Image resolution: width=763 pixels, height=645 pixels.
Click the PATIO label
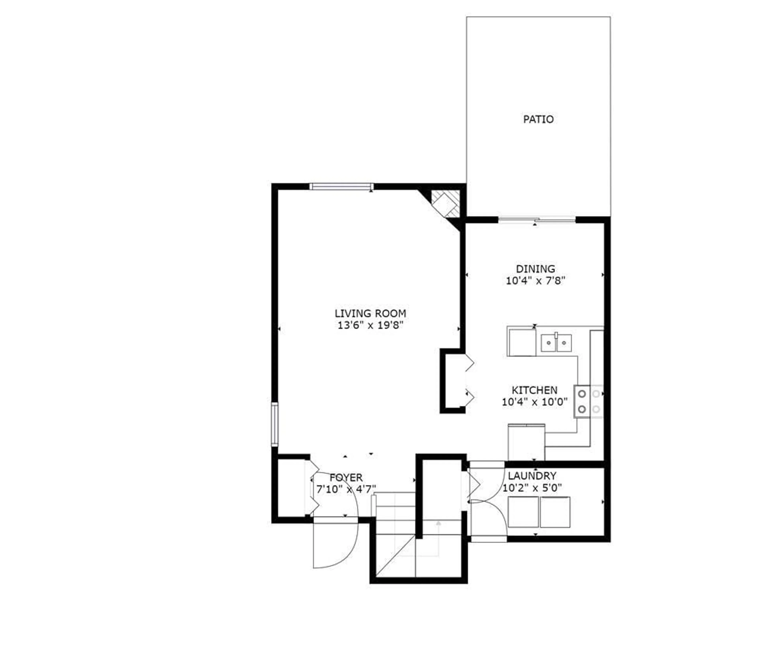(538, 119)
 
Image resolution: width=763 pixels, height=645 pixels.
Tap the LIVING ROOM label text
(370, 313)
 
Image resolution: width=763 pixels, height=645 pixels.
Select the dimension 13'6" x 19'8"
(370, 325)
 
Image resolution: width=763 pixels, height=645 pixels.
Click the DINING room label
(535, 269)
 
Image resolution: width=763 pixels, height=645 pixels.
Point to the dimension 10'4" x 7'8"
(535, 281)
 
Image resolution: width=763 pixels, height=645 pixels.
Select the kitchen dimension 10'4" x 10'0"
(534, 402)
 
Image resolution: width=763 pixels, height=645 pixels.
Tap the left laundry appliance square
(523, 512)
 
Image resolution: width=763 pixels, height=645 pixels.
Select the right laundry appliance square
(555, 512)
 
